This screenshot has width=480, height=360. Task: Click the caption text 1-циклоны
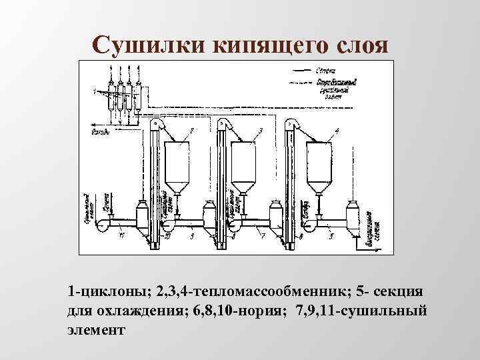108,292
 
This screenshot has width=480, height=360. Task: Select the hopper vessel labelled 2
176,163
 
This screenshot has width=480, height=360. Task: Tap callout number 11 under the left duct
121,235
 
